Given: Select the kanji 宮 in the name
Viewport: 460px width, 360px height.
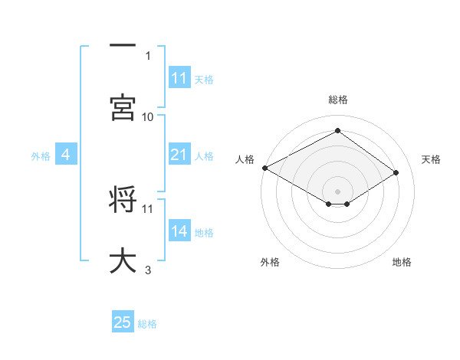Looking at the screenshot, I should pyautogui.click(x=123, y=107).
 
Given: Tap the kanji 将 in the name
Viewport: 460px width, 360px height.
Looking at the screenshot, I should pyautogui.click(x=123, y=198).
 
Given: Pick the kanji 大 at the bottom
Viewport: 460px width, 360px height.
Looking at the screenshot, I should pyautogui.click(x=123, y=260).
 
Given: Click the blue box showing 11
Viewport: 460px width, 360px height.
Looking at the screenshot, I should pyautogui.click(x=179, y=78).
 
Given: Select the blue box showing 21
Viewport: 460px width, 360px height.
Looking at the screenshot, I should pyautogui.click(x=179, y=155).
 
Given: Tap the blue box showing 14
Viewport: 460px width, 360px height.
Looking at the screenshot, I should pyautogui.click(x=179, y=232).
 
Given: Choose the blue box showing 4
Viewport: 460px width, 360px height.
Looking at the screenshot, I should pyautogui.click(x=66, y=155).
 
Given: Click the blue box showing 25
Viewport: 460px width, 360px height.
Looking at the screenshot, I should pyautogui.click(x=123, y=323).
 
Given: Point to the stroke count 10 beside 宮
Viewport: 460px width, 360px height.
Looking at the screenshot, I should pyautogui.click(x=148, y=116).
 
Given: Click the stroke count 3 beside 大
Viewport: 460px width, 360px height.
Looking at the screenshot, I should pyautogui.click(x=148, y=270).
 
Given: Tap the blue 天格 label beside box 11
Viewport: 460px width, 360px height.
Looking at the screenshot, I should pyautogui.click(x=204, y=79).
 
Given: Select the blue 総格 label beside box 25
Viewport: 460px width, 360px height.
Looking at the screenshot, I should pyautogui.click(x=147, y=324).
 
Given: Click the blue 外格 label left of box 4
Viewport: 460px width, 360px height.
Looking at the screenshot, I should pyautogui.click(x=41, y=156).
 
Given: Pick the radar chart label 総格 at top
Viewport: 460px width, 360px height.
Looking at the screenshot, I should pyautogui.click(x=338, y=100).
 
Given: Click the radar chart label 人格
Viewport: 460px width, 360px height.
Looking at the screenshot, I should pyautogui.click(x=245, y=159).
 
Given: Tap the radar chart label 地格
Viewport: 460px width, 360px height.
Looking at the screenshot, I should pyautogui.click(x=402, y=262).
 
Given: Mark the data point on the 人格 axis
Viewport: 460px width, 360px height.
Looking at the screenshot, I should pyautogui.click(x=264, y=168).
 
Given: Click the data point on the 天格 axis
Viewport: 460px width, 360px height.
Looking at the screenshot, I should pyautogui.click(x=396, y=173).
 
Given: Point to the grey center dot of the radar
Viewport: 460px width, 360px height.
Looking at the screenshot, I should pyautogui.click(x=338, y=191).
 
